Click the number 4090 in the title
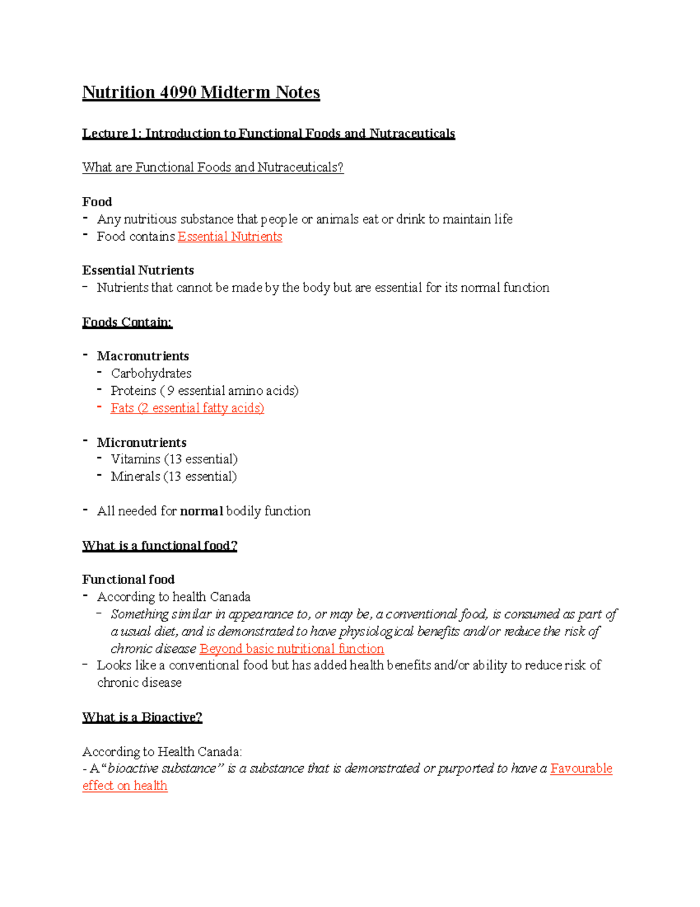177,92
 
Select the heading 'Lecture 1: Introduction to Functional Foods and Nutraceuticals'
268,134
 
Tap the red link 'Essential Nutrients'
230,237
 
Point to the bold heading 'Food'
97,202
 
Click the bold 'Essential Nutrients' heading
138,270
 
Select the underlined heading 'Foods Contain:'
127,322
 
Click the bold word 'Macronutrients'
143,356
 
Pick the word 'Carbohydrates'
151,373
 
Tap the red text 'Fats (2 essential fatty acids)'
187,408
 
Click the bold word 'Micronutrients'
142,443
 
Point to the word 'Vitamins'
135,460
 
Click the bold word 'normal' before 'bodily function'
201,512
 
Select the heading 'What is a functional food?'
159,546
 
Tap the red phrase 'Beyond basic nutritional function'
292,649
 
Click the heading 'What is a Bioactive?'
142,717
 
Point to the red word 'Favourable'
581,769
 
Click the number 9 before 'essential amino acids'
170,391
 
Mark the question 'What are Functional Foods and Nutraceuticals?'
213,168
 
